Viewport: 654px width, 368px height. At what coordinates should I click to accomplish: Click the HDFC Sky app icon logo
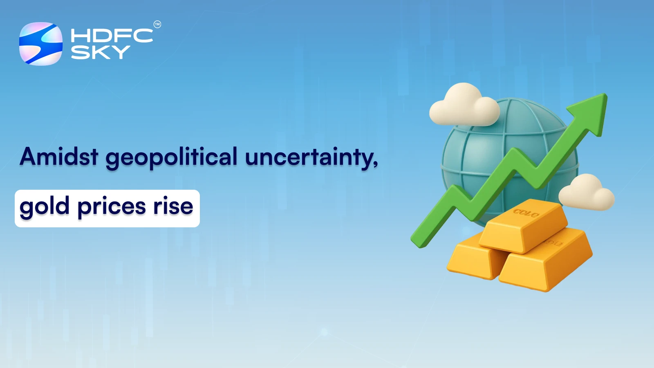[x=40, y=43]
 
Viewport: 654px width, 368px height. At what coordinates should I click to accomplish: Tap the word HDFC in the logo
[x=112, y=36]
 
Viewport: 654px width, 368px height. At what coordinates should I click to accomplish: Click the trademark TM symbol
[x=157, y=25]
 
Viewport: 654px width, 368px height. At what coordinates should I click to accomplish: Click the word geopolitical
[x=171, y=158]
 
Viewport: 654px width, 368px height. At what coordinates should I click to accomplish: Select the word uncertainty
[x=309, y=158]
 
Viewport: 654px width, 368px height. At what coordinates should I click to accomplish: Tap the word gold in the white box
[x=44, y=207]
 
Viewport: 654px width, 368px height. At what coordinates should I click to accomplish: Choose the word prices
[x=111, y=207]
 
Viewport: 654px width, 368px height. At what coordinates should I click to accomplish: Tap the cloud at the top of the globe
[x=464, y=105]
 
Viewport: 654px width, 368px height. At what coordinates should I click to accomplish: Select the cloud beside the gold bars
[x=586, y=193]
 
